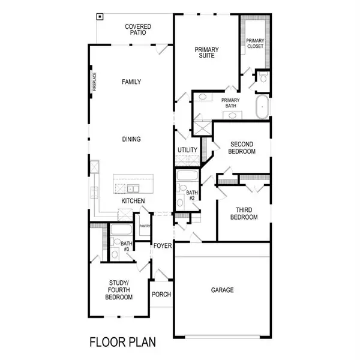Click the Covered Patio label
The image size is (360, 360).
[137, 31]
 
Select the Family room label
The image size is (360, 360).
[131, 82]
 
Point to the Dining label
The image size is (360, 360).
[131, 139]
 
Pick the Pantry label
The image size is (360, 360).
[144, 226]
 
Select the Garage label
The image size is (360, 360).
[222, 290]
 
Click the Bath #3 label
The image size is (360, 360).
[126, 247]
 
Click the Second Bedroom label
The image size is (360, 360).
[242, 148]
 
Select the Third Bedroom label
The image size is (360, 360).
[245, 214]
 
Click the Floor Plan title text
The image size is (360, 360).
[122, 343]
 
